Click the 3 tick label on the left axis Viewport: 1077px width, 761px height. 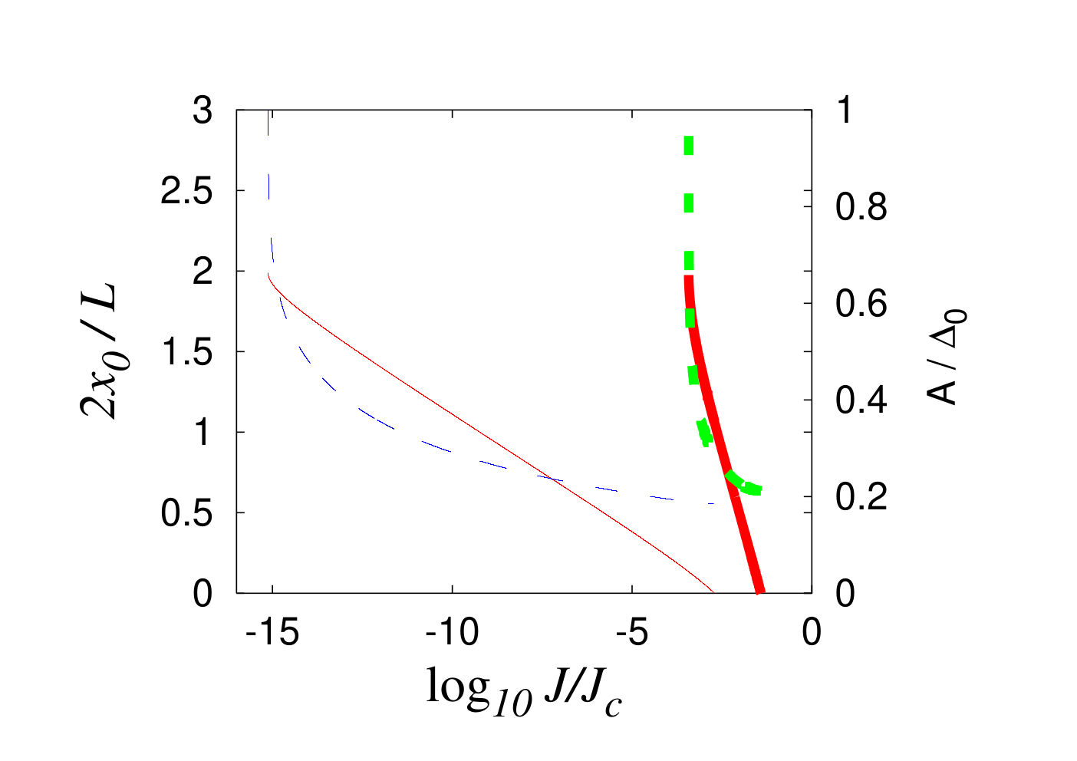(x=203, y=110)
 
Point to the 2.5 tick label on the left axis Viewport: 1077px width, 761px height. (x=186, y=191)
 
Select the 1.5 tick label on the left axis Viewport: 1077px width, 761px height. (x=187, y=352)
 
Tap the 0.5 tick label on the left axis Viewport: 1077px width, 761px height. (x=186, y=513)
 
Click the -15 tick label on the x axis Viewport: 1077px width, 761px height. (x=272, y=632)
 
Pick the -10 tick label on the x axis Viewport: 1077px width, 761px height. (x=452, y=632)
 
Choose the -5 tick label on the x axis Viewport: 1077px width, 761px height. (x=632, y=632)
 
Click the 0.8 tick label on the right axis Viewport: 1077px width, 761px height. (x=861, y=207)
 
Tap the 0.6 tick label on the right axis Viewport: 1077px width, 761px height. (x=861, y=304)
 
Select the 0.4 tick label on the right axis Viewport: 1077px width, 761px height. (x=861, y=400)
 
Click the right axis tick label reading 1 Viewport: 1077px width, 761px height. (x=845, y=110)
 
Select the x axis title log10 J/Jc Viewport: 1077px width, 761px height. (x=524, y=692)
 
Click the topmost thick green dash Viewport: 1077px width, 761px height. (x=689, y=146)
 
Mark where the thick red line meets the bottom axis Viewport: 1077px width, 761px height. (x=759, y=592)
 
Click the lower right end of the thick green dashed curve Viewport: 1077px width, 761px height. (x=759, y=490)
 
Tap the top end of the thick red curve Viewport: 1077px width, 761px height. (x=689, y=277)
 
